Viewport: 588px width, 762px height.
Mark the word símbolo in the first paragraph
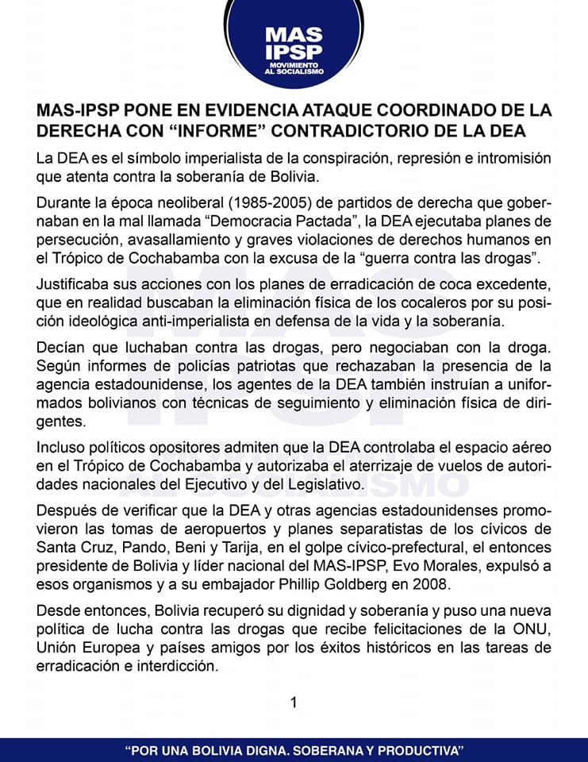click(142, 157)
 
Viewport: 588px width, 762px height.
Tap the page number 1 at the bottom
click(294, 702)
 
